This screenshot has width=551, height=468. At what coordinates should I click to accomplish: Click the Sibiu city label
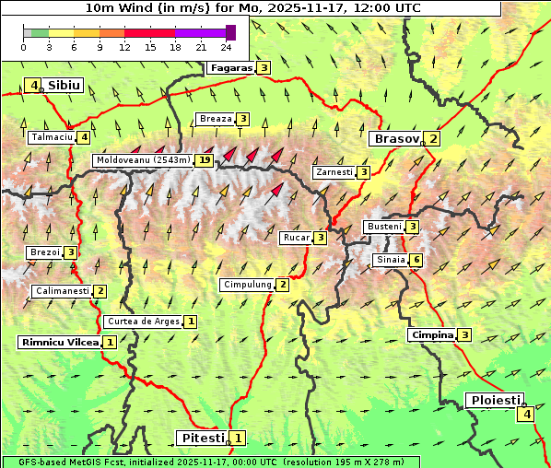pos(64,86)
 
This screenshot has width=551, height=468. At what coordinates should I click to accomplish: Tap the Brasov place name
pos(395,139)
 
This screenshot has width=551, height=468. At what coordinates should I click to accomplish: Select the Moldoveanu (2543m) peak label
pos(143,160)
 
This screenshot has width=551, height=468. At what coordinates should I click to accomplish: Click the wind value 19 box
pos(205,160)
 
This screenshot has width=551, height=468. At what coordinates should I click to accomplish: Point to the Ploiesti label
pos(496,401)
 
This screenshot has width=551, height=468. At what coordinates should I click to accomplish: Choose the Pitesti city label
pos(202,438)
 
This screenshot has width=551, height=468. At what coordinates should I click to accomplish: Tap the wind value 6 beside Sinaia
pos(416,261)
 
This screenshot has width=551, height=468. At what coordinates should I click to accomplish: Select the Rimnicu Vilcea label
pos(59,342)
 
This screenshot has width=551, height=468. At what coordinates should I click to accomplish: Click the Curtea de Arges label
pos(142,322)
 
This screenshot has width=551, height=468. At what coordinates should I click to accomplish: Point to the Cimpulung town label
pos(247,285)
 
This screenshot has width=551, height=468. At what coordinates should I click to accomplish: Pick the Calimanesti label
pos(62,291)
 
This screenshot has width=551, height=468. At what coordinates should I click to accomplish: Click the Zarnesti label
pos(334,172)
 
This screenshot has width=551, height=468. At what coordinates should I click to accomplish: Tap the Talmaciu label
pos(52,137)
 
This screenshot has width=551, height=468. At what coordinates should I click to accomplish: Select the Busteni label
pos(383,227)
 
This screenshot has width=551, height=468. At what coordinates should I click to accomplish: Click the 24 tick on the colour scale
pos(226,47)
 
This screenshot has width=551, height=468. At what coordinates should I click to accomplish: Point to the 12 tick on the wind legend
pos(124,47)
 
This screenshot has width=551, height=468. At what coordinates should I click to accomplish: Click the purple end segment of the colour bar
pos(230,32)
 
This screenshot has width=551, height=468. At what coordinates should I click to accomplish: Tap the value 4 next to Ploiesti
pos(525,415)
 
